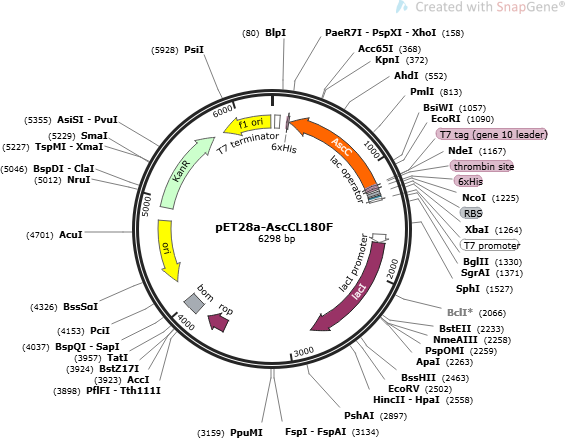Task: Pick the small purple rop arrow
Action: (x=218, y=322)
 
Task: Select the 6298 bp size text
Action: (x=277, y=238)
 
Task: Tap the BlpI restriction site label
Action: (x=276, y=33)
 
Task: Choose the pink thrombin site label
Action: (x=482, y=166)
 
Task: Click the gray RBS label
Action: (x=471, y=213)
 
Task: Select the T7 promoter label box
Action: (x=490, y=245)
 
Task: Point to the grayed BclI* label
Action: (x=462, y=312)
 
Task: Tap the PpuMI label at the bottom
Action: (x=246, y=432)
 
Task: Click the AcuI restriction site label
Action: (x=71, y=235)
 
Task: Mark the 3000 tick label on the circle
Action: (x=303, y=352)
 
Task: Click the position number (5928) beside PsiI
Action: (x=165, y=50)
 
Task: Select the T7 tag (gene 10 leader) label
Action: (x=491, y=135)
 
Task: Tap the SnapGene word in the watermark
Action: (x=525, y=7)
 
